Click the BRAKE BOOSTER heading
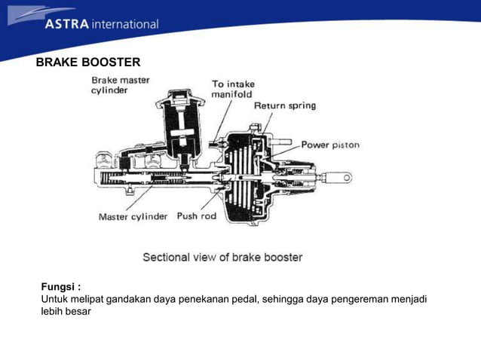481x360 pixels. click(88, 62)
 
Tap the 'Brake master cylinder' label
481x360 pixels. click(121, 84)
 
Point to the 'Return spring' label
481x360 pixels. click(284, 106)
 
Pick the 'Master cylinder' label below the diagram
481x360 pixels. click(133, 217)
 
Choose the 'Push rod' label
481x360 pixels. click(197, 216)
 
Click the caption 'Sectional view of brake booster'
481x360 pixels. click(222, 257)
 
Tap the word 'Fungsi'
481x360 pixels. click(59, 286)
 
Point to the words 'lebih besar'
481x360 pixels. click(66, 311)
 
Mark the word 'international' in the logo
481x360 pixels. click(125, 24)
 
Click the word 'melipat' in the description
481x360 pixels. click(87, 299)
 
